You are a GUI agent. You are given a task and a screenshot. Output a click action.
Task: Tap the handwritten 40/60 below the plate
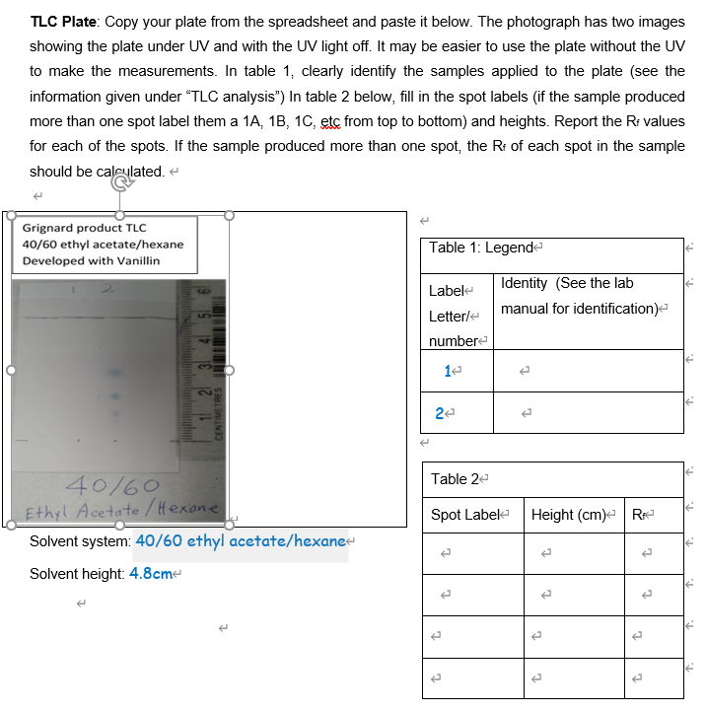pos(111,484)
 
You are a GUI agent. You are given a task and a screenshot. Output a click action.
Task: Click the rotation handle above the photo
pos(120,182)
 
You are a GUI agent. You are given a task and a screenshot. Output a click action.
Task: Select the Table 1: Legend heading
pos(480,247)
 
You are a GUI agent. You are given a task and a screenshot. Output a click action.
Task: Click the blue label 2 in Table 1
pos(439,413)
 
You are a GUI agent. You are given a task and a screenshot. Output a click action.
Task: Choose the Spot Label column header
pos(465,515)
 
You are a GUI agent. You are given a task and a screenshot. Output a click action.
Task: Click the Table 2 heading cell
pos(456,478)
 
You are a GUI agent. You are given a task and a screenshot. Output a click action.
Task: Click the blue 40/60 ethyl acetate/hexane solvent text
pos(241,540)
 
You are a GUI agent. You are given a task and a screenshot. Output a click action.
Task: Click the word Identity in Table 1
pos(524,283)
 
